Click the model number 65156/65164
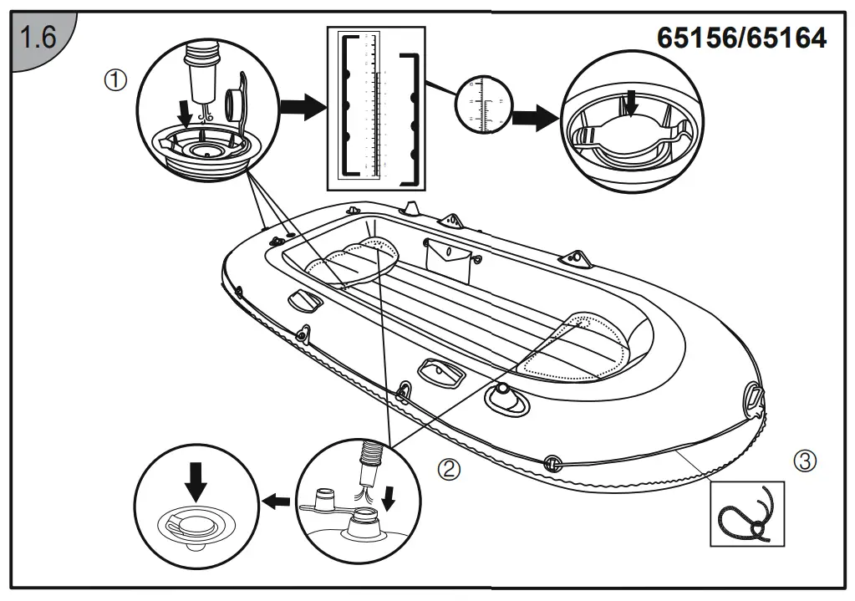point(741,38)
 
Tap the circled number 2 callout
point(449,469)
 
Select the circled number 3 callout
point(803,459)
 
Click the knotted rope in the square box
point(747,513)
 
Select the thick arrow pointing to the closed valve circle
point(534,117)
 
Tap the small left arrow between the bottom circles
point(279,500)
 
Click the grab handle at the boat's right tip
point(754,394)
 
